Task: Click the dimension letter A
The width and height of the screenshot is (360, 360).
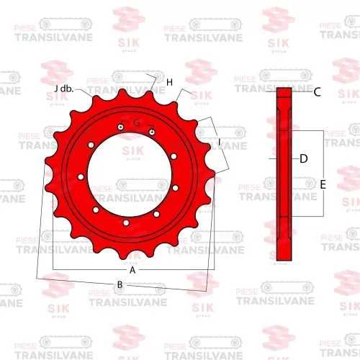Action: click(132, 270)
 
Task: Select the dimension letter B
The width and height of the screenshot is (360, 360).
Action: click(120, 284)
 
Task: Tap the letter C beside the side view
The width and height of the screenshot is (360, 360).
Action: click(317, 91)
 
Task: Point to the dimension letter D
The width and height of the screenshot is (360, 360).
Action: click(303, 158)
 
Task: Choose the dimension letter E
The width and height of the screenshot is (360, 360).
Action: click(323, 184)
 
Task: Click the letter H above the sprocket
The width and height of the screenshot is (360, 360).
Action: click(169, 83)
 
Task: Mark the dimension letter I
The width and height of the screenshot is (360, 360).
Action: click(219, 143)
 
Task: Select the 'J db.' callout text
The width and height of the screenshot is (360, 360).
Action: click(64, 88)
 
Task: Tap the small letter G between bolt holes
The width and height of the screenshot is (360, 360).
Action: click(136, 125)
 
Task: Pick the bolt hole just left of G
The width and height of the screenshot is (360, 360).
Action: click(122, 130)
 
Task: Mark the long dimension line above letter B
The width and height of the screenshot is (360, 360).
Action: click(122, 278)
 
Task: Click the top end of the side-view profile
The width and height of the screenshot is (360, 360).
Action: click(284, 90)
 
